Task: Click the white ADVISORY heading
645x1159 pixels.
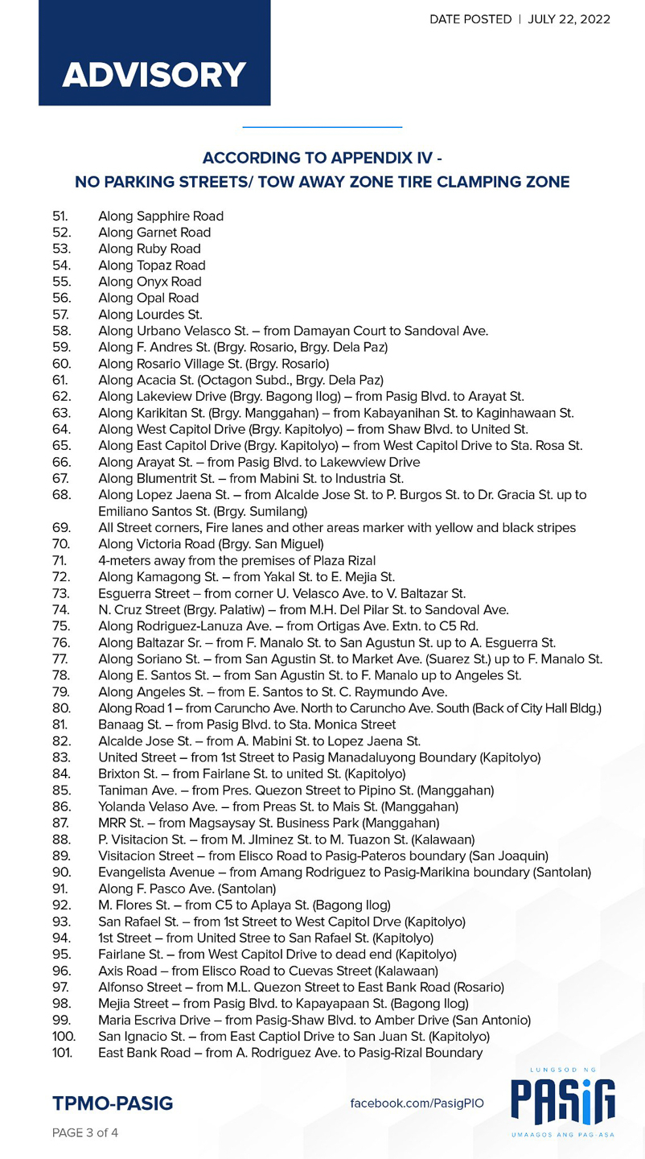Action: pos(154,75)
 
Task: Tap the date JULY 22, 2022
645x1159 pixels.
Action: pos(569,19)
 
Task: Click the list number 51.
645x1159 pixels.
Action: pos(61,216)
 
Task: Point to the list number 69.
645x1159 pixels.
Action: pos(61,527)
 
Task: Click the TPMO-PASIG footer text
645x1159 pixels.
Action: pos(113,1103)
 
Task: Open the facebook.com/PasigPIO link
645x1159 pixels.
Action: pos(417,1103)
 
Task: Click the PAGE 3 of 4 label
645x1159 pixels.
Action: pos(85,1132)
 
